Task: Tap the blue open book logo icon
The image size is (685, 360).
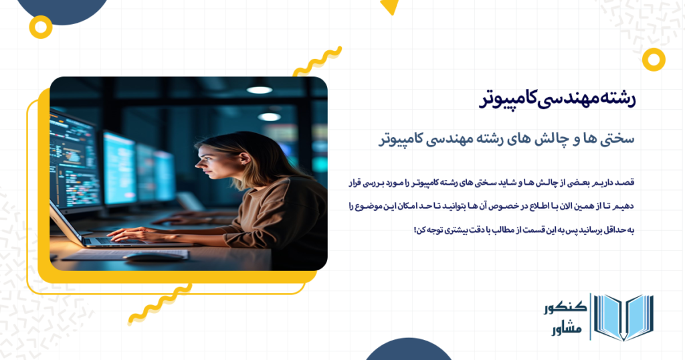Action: click(623, 317)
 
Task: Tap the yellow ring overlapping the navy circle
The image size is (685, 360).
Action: click(41, 27)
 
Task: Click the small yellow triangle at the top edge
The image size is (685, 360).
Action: click(389, 7)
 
